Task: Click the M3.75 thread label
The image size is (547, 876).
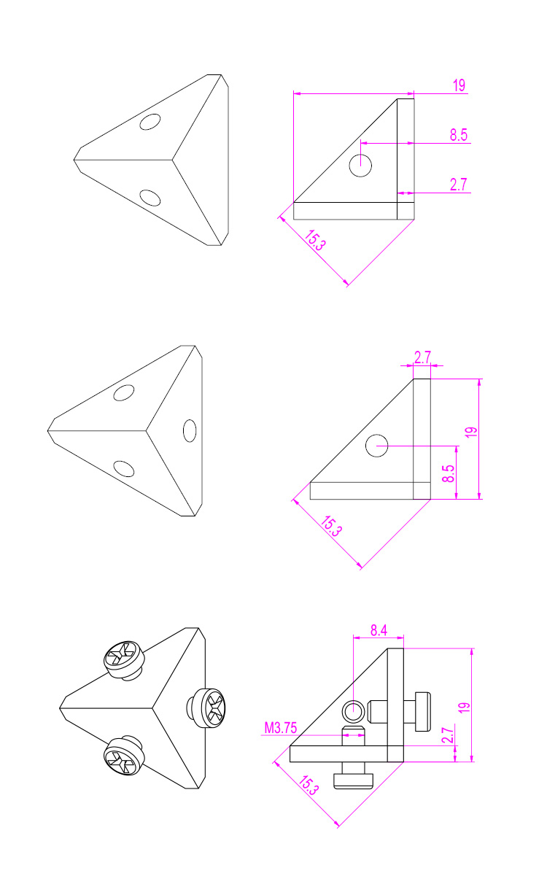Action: click(281, 728)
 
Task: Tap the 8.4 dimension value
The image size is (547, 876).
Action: click(379, 631)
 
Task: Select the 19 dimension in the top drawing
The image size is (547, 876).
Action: click(459, 85)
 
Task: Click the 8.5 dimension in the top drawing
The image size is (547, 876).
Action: click(459, 135)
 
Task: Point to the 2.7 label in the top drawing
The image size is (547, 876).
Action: click(459, 185)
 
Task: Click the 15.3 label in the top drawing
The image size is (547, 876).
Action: click(315, 240)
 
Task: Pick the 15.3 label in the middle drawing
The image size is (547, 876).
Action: click(331, 526)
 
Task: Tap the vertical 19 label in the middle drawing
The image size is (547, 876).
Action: click(471, 432)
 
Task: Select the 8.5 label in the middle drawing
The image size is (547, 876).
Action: click(449, 473)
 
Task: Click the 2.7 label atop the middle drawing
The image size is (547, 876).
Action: click(422, 357)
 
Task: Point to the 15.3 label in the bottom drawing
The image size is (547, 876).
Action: click(309, 785)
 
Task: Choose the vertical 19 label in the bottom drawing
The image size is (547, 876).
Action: click(464, 708)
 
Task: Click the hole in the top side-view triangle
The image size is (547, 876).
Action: click(360, 165)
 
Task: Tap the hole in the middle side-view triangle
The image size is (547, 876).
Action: click(376, 446)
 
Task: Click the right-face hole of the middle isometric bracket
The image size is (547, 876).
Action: click(190, 430)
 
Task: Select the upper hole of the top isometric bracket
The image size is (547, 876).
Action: click(150, 122)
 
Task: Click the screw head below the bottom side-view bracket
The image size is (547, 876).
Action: click(354, 780)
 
